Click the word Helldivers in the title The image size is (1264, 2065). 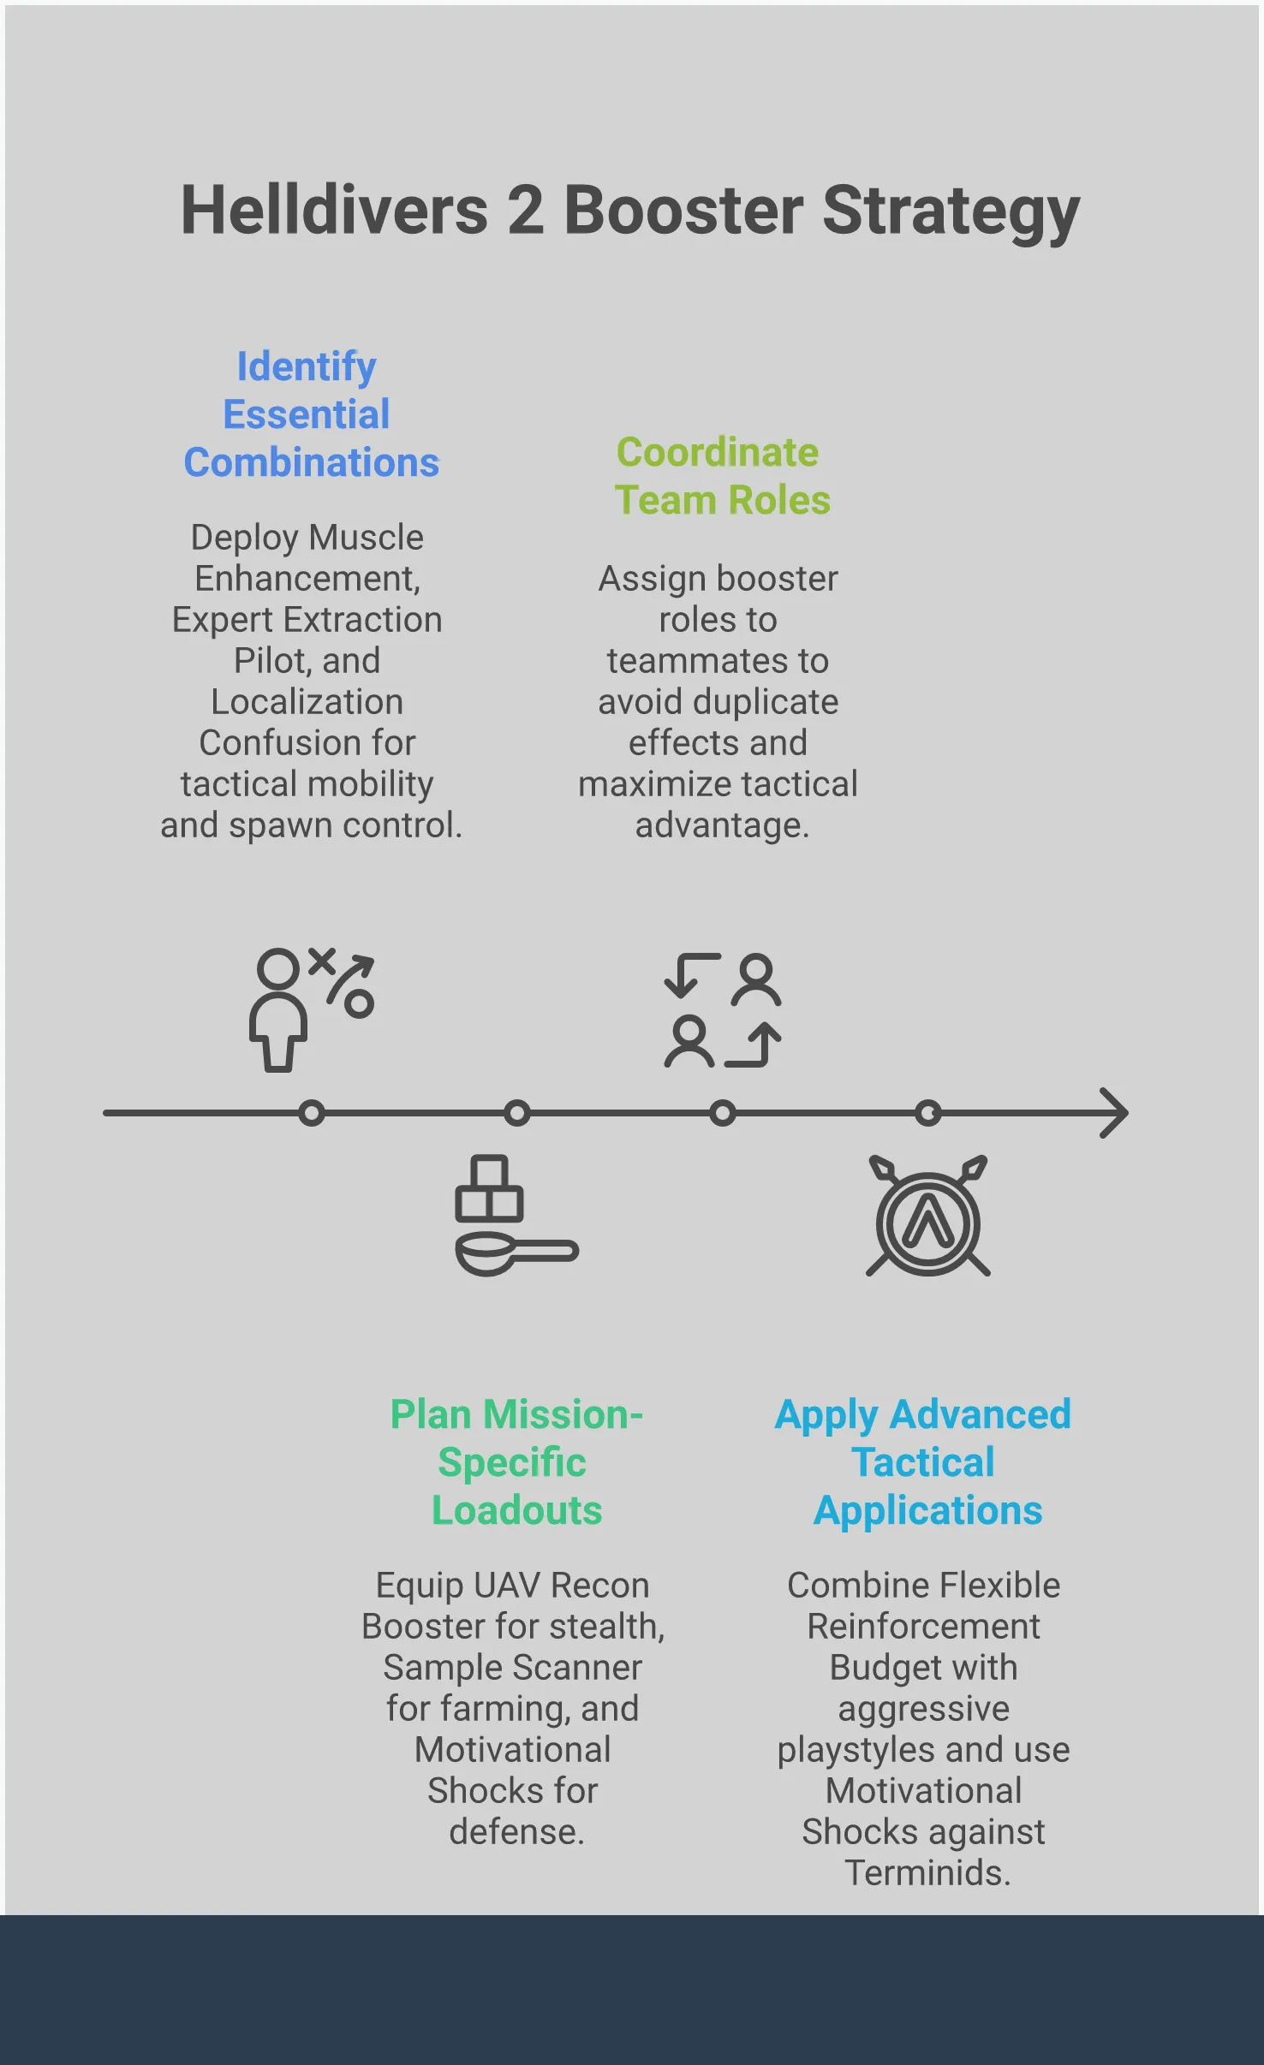point(334,211)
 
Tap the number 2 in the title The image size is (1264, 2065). point(526,211)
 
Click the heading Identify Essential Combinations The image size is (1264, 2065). point(311,414)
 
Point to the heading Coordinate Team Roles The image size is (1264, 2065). point(722,476)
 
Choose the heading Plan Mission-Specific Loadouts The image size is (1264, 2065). point(516,1461)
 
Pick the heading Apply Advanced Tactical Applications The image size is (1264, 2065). point(924,1461)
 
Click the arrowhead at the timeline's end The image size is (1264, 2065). point(1115,1113)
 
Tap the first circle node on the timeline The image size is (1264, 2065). point(312,1113)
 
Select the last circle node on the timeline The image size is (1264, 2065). point(928,1113)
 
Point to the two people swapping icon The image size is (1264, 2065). point(722,1010)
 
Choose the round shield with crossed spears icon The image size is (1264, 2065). point(928,1217)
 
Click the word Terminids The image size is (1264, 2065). point(927,1872)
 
